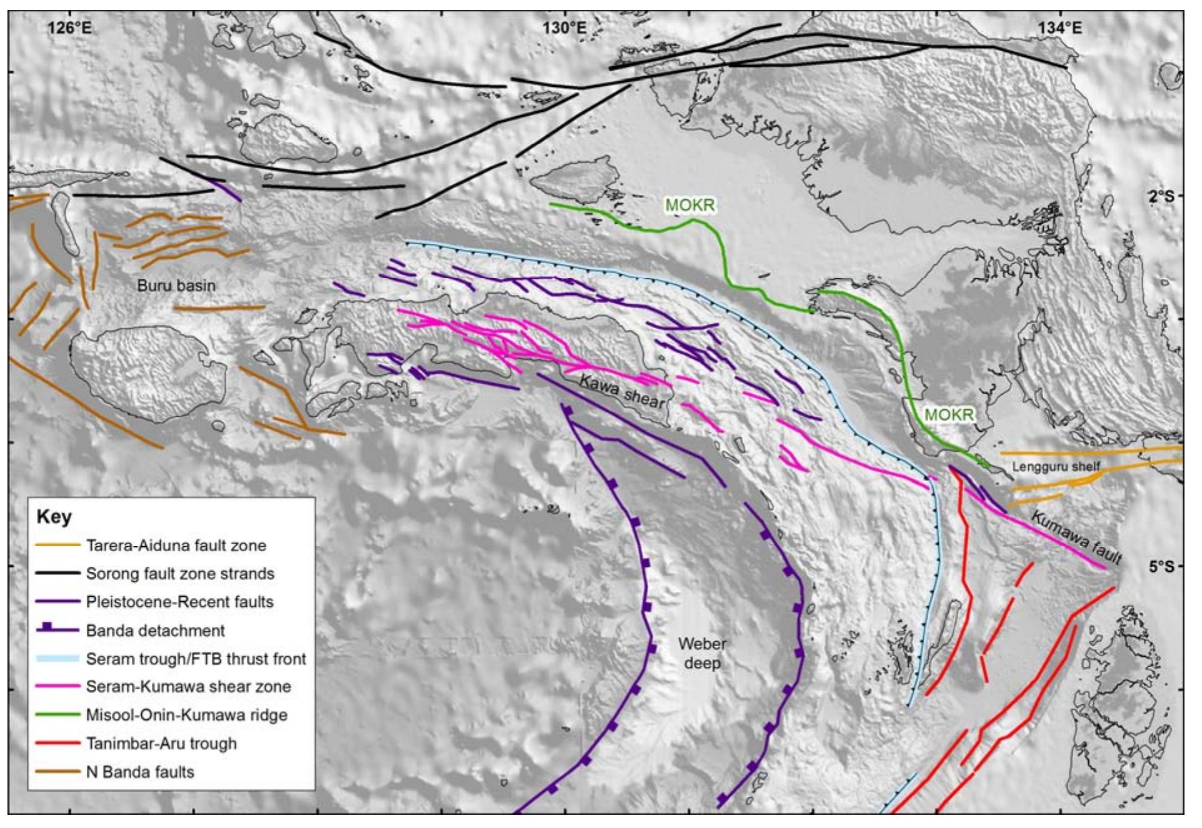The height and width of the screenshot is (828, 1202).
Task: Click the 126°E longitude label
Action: point(69,28)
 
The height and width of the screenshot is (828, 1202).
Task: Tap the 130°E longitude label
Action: point(564,28)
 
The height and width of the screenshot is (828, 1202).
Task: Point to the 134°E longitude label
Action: point(1060,28)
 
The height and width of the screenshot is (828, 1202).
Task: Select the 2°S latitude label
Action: point(1161,196)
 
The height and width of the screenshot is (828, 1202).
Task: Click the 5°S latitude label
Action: point(1161,567)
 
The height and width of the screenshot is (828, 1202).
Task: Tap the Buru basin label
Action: point(176,286)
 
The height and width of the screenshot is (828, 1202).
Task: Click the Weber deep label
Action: point(702,653)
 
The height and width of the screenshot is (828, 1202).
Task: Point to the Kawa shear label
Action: point(622,392)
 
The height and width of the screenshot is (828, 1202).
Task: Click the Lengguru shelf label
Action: point(1056,467)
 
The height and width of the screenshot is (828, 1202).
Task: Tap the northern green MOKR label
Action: point(689,206)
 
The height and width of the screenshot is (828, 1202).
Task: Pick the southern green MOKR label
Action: point(949,414)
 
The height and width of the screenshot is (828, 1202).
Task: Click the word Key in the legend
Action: point(54,517)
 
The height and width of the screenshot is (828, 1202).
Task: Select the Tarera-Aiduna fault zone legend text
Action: point(176,546)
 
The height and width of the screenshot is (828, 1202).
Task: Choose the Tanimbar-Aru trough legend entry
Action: point(161,744)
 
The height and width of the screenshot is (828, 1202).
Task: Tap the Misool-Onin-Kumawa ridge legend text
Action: point(186,715)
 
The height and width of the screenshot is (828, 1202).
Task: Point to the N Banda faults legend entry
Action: point(140,772)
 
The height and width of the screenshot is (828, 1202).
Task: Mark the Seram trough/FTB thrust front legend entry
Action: point(196,659)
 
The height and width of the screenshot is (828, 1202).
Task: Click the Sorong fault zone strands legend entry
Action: point(180,574)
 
